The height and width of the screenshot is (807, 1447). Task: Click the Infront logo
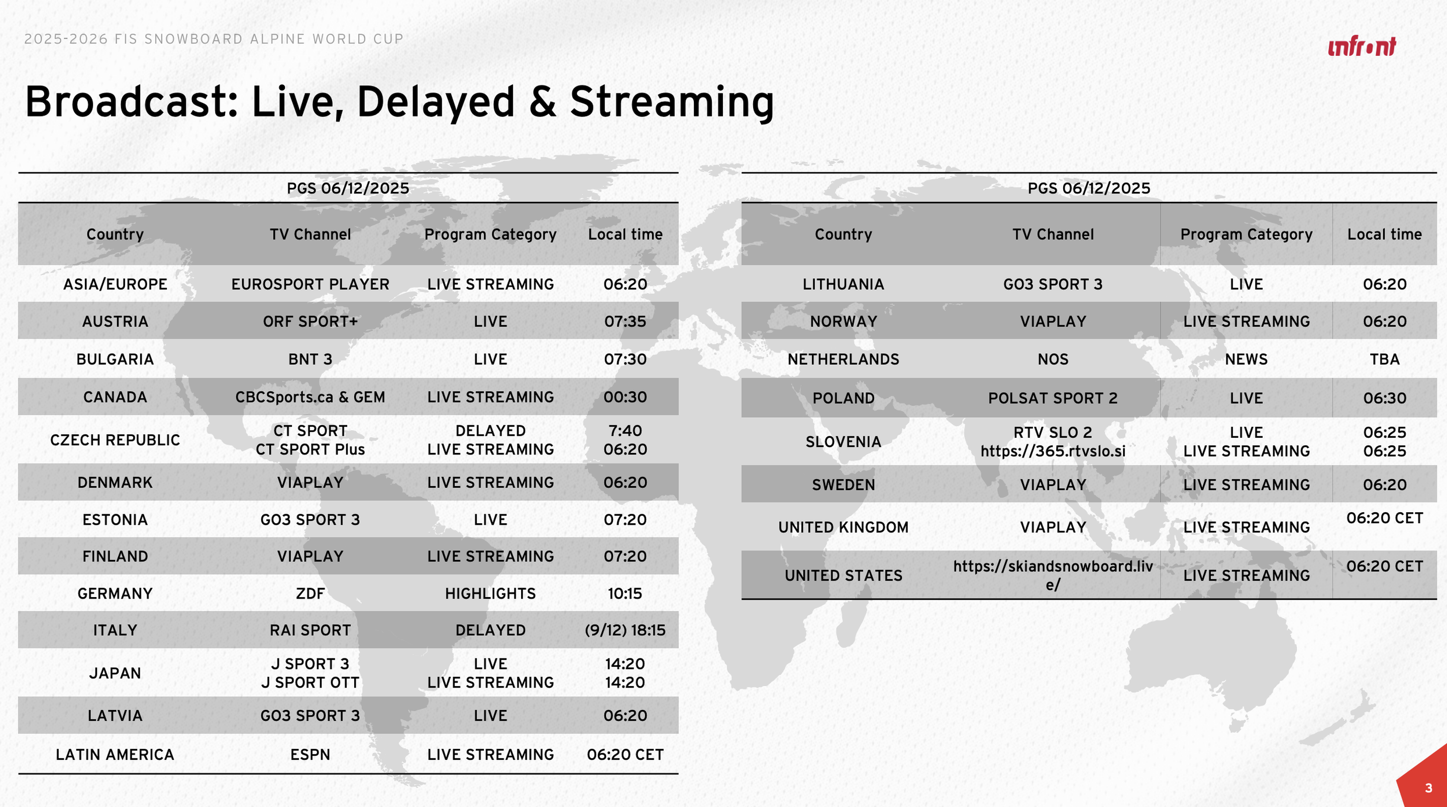click(x=1362, y=47)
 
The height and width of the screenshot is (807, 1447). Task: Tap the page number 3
click(x=1428, y=788)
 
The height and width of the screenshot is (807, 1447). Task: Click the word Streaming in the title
click(x=672, y=102)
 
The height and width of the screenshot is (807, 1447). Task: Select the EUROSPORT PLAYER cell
click(x=310, y=284)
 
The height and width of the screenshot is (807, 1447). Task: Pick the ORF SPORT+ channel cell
click(x=310, y=321)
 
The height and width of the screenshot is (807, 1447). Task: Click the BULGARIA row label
click(x=115, y=360)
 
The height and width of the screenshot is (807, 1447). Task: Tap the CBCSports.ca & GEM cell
click(x=310, y=397)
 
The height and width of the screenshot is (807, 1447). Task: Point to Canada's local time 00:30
click(x=625, y=397)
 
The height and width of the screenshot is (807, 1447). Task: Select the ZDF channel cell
click(x=310, y=594)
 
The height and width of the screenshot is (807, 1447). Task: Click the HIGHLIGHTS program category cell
click(x=490, y=594)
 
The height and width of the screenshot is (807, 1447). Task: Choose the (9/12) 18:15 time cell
click(x=625, y=630)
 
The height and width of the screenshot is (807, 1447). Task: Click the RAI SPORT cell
click(x=310, y=630)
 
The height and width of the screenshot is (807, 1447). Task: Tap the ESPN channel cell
click(x=310, y=754)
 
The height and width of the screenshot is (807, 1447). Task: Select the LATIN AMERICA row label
click(x=115, y=754)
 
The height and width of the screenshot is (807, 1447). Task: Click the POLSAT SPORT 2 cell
click(x=1053, y=398)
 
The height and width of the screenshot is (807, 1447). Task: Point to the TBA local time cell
click(x=1385, y=360)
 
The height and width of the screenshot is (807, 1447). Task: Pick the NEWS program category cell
click(x=1247, y=360)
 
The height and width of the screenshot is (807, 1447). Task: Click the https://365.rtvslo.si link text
click(x=1053, y=451)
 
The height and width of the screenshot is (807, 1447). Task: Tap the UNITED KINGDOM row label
click(x=843, y=527)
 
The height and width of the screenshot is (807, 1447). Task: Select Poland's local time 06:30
click(x=1385, y=398)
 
